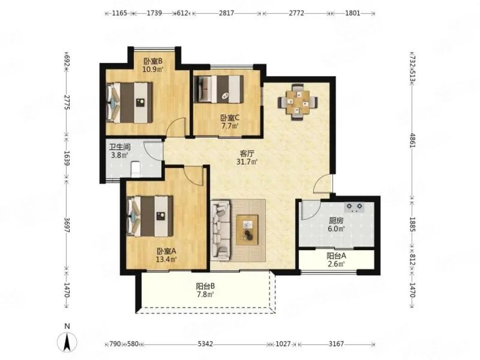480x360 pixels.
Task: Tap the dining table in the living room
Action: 297,102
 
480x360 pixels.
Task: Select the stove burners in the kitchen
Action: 354,207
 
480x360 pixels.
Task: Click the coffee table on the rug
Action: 247,230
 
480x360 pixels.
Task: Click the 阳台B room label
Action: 205,286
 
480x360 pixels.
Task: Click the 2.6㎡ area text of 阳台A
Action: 336,264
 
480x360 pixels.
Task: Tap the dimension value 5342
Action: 205,344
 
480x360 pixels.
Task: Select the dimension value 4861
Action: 412,140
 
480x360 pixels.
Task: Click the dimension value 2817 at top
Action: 226,13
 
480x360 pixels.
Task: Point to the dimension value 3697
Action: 67,225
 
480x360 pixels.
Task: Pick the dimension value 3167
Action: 336,344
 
